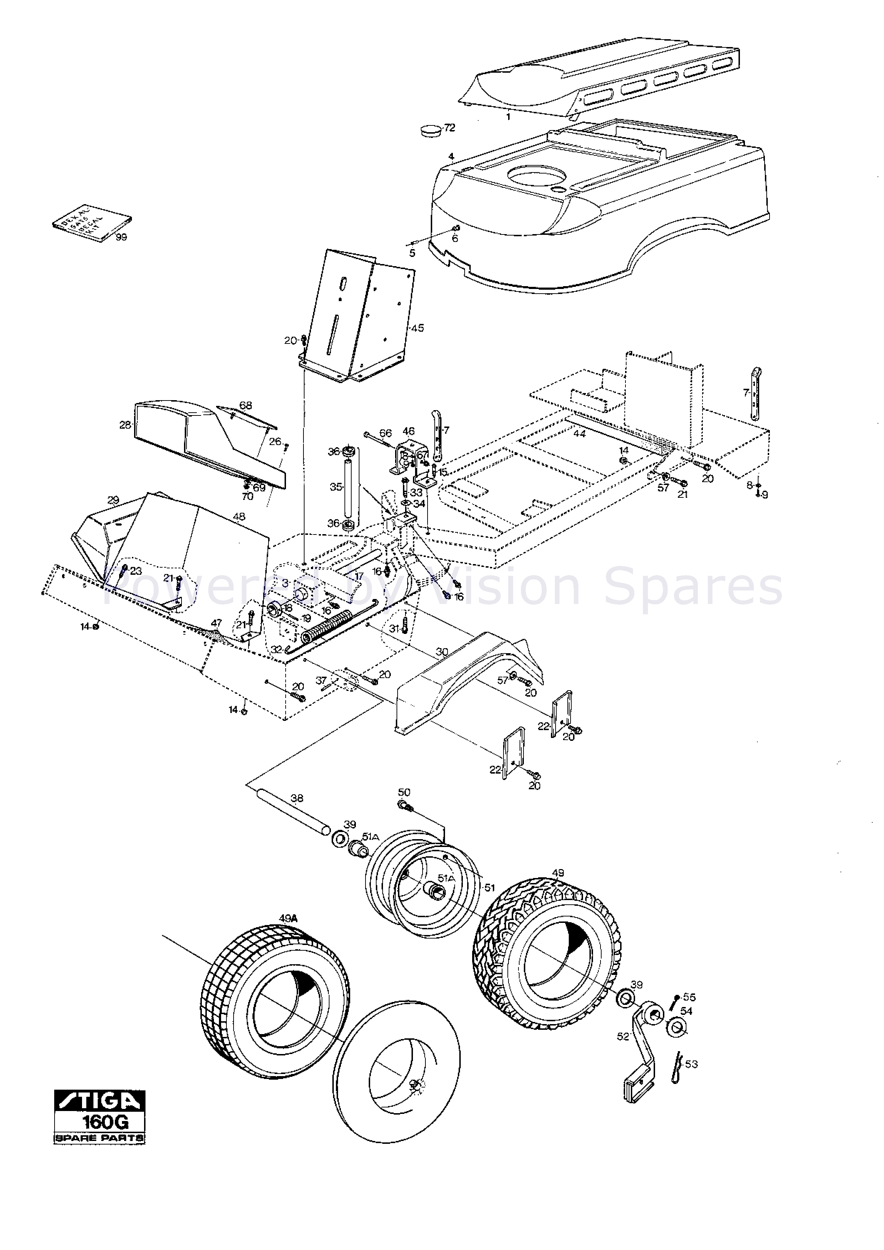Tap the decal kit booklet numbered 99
point(92,222)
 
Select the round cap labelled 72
point(432,131)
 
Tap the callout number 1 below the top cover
point(508,117)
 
